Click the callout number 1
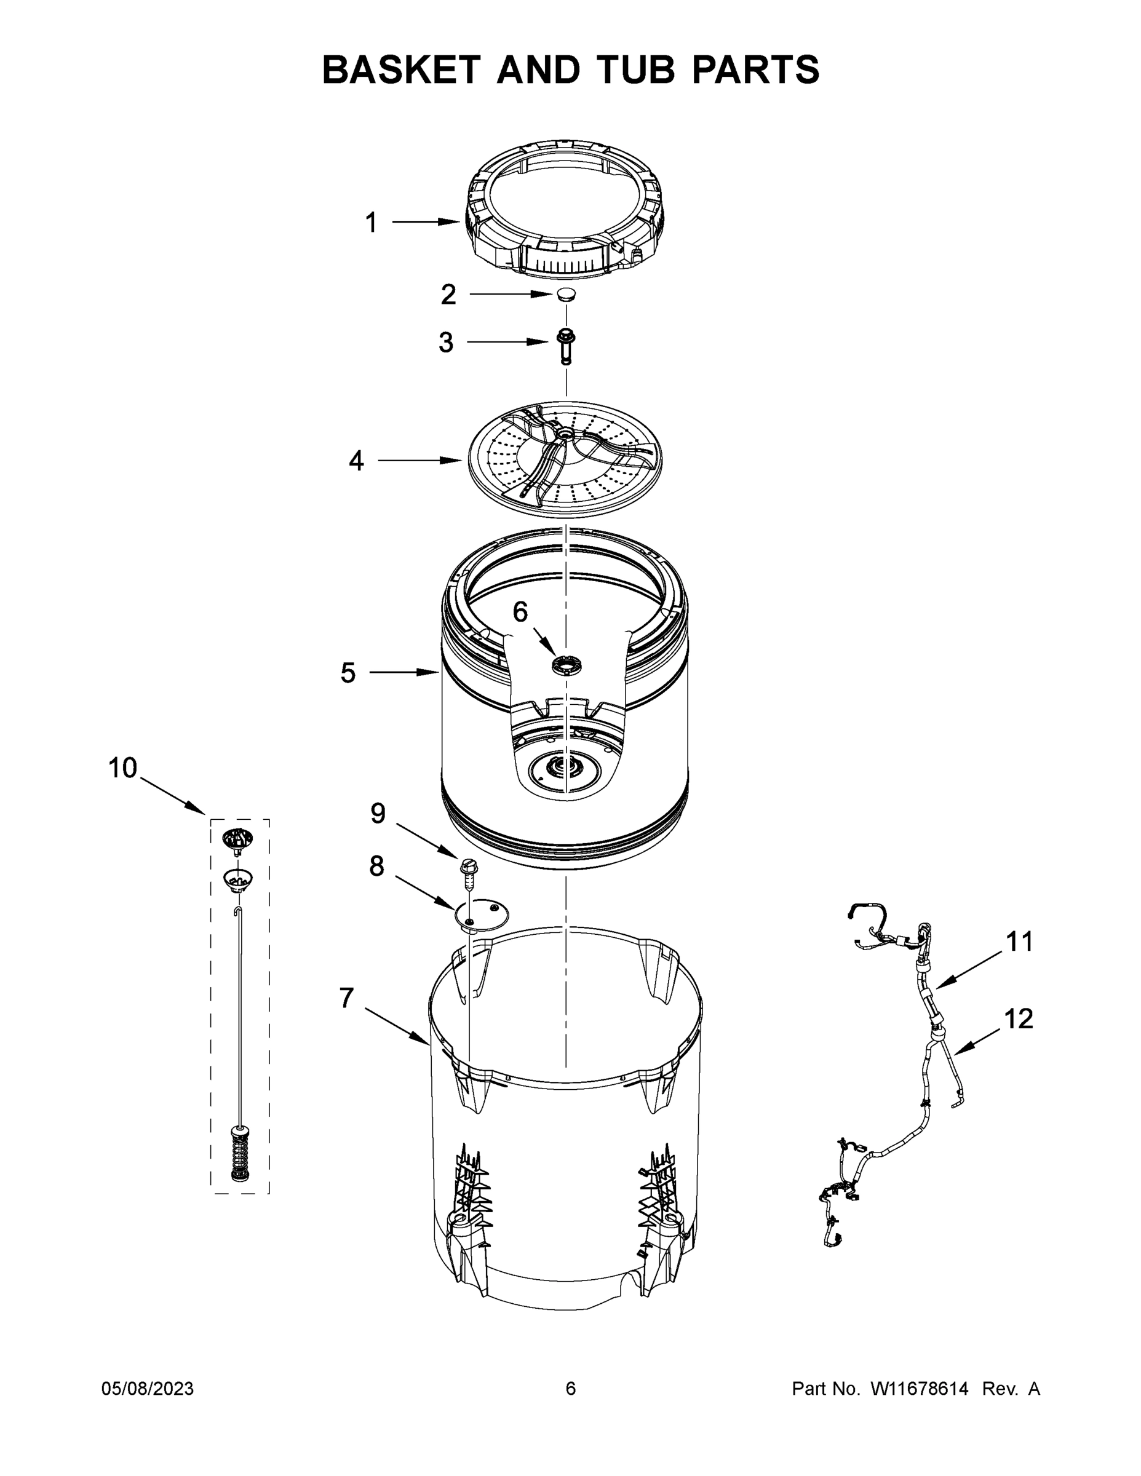click(370, 223)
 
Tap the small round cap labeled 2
click(567, 295)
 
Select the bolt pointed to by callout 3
click(565, 344)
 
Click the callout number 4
click(356, 461)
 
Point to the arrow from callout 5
click(404, 672)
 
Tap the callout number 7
click(347, 998)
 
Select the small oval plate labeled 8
click(481, 915)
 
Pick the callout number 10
click(122, 768)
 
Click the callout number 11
click(1019, 942)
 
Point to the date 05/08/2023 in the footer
click(148, 1388)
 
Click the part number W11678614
click(920, 1388)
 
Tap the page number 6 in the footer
click(571, 1388)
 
